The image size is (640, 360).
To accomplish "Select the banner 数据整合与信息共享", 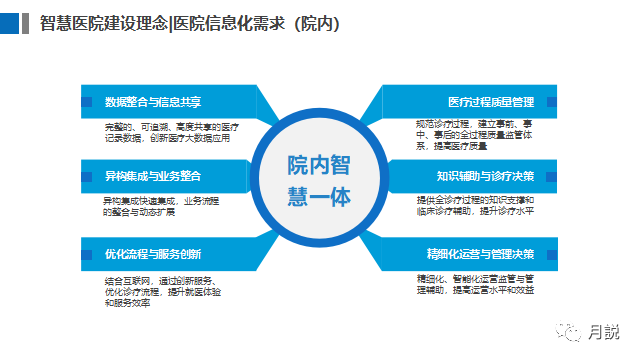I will [153, 102].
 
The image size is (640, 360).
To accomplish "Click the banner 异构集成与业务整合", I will [153, 177].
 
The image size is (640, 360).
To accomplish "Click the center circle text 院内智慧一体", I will [319, 180].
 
